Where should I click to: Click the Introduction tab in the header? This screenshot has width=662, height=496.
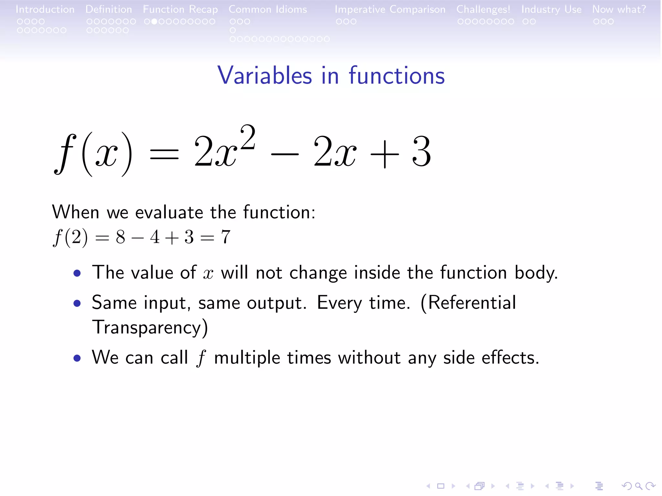(x=45, y=9)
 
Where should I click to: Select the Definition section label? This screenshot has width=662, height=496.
(x=109, y=9)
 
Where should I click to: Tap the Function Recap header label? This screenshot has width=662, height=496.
(x=180, y=9)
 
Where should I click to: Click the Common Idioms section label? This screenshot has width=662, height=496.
(x=268, y=9)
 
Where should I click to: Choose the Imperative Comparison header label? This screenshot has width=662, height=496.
(x=390, y=9)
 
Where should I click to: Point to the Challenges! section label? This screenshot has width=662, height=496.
(x=483, y=9)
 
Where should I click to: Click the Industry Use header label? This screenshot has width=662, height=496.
(x=551, y=9)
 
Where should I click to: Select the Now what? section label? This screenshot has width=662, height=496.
(x=619, y=9)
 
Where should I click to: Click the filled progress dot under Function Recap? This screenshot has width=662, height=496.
(x=155, y=22)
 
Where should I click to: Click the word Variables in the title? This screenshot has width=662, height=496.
(x=265, y=76)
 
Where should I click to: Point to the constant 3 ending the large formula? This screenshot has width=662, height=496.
(x=422, y=151)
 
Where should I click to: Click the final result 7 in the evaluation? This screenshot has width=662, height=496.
(x=226, y=237)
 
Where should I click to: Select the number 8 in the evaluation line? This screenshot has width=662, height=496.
(x=121, y=237)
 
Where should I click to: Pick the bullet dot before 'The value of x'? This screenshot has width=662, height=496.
(x=77, y=274)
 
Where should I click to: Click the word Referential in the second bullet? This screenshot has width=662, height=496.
(x=468, y=303)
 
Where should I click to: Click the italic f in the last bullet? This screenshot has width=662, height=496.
(x=201, y=358)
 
